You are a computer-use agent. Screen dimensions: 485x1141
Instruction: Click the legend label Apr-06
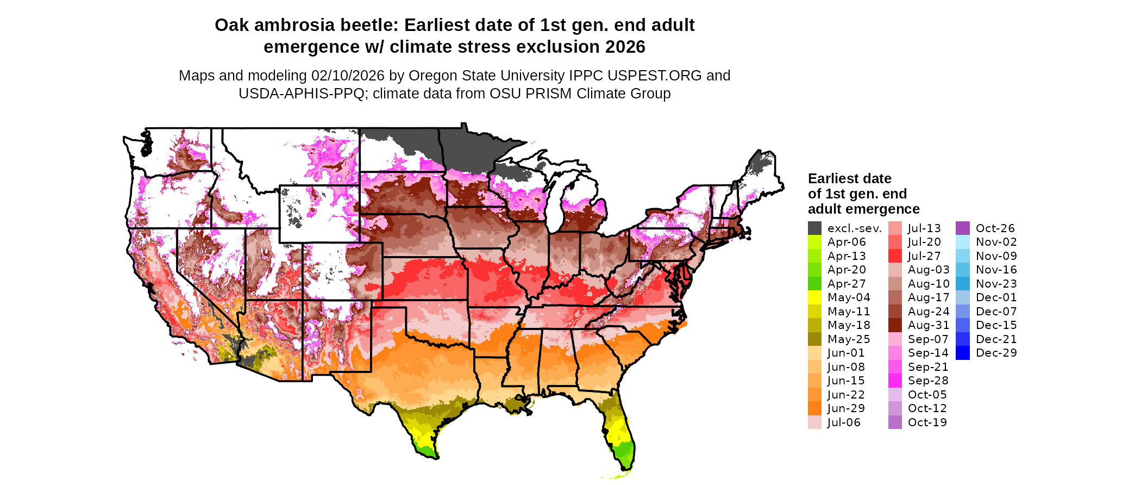846,242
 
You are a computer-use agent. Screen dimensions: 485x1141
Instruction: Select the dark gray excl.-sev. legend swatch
814,228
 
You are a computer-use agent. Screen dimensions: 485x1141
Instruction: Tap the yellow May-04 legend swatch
814,297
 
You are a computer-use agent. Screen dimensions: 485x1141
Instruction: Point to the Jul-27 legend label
924,256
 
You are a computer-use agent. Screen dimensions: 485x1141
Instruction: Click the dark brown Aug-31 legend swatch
895,325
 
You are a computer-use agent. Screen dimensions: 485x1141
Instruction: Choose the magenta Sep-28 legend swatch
895,381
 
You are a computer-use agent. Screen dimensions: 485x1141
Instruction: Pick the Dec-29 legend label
996,353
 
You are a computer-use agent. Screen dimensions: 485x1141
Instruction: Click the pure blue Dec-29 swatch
962,353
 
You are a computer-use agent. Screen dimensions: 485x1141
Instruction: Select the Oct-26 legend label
995,228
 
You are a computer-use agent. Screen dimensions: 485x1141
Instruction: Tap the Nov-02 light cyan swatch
962,242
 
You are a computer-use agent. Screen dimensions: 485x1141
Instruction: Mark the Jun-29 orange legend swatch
814,408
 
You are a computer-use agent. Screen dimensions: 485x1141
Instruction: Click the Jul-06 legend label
844,422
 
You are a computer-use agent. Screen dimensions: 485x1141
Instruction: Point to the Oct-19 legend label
927,422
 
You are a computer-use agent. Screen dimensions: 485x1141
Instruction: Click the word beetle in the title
368,26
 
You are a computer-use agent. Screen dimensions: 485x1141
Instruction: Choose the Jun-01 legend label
846,353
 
